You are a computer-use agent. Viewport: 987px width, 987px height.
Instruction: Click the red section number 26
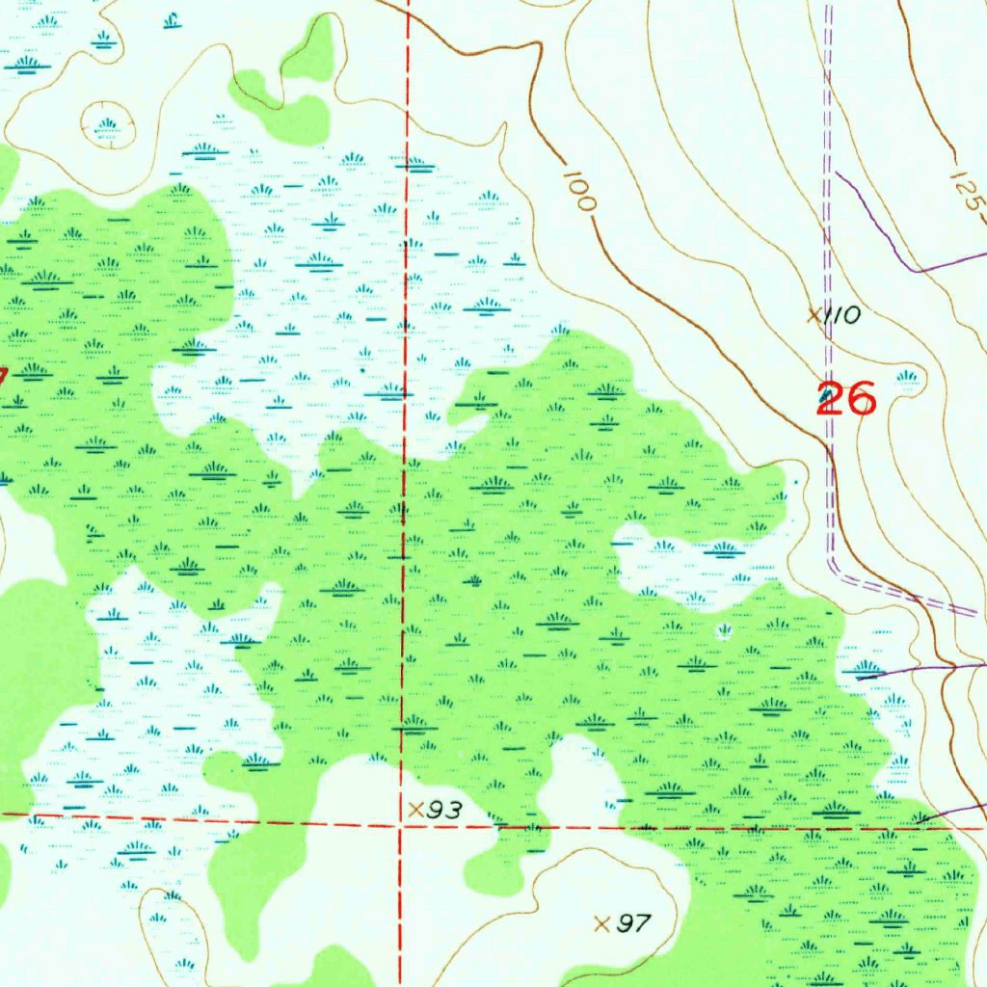pos(846,398)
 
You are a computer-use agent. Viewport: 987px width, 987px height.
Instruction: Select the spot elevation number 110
pos(840,315)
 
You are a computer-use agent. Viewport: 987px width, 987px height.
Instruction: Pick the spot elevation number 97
pos(632,924)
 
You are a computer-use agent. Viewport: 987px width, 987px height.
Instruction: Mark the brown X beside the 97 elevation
pos(602,923)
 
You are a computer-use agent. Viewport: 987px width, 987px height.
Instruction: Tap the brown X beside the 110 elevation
pos(814,314)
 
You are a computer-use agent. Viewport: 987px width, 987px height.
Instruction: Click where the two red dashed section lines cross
pos(401,823)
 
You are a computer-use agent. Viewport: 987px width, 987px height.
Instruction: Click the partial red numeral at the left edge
pos(3,376)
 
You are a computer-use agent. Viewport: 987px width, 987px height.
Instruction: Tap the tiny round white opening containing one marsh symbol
pos(724,631)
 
